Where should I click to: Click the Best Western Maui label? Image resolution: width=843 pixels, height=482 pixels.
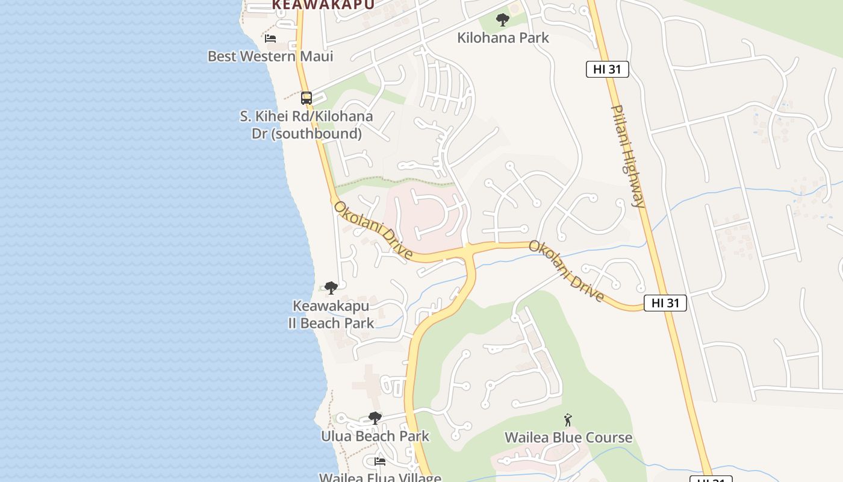point(270,56)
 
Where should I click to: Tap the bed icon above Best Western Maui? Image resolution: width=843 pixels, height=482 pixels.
point(270,39)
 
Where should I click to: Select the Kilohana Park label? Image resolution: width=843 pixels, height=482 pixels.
point(503,38)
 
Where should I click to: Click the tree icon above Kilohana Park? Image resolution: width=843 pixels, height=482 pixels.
point(503,20)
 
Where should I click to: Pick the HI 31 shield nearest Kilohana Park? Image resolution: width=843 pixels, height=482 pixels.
point(607,69)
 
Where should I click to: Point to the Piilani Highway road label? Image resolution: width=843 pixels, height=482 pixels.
point(628,156)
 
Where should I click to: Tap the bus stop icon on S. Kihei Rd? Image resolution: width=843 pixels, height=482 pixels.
point(306,98)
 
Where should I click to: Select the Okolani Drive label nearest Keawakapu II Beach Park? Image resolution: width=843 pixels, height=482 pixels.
point(373,231)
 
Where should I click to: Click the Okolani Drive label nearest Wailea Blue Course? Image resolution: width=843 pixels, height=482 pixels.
point(567,271)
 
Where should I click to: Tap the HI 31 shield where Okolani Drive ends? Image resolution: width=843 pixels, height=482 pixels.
point(665,303)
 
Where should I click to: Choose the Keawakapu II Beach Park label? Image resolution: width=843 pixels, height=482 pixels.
point(331,315)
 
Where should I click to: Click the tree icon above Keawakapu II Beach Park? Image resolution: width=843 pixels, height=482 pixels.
point(331,288)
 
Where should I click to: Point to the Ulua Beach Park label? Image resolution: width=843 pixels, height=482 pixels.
point(375,436)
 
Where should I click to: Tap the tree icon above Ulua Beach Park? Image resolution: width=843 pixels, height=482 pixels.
point(375,418)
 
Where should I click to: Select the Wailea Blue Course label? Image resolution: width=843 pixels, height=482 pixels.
point(568,437)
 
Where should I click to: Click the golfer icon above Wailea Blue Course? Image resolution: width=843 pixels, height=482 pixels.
point(568,420)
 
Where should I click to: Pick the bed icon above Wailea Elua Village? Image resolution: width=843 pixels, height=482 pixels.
point(380,462)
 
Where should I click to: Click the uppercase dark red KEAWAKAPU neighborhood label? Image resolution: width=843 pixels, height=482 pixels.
point(323,5)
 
